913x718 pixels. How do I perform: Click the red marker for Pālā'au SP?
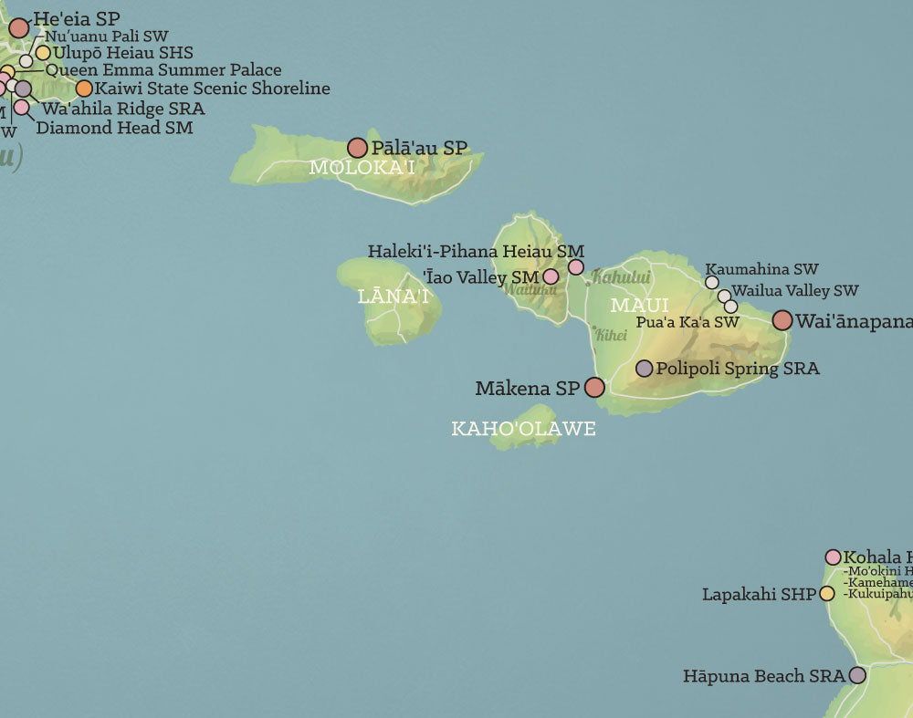(x=357, y=148)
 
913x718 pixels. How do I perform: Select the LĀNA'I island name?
(x=394, y=297)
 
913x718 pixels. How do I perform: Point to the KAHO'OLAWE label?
(x=523, y=429)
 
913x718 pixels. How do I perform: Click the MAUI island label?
(x=639, y=306)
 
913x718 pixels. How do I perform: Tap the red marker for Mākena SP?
(x=594, y=388)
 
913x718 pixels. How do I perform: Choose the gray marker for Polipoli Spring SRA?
(x=644, y=369)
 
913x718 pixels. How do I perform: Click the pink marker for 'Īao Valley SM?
(x=551, y=276)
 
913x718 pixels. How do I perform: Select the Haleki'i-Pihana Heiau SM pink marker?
(x=576, y=267)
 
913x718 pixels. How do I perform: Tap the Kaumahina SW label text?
(x=761, y=269)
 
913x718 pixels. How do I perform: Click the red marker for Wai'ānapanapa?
(x=782, y=320)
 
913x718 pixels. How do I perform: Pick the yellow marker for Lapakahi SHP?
(x=827, y=594)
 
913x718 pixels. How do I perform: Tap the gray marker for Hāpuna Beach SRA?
(x=857, y=676)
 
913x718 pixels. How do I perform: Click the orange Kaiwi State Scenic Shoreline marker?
(x=84, y=88)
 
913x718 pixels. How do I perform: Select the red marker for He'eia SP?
(x=19, y=27)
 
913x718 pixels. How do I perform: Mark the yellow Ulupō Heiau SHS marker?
(x=43, y=53)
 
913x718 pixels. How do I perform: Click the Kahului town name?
(x=621, y=276)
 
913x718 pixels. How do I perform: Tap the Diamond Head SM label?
(x=114, y=128)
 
